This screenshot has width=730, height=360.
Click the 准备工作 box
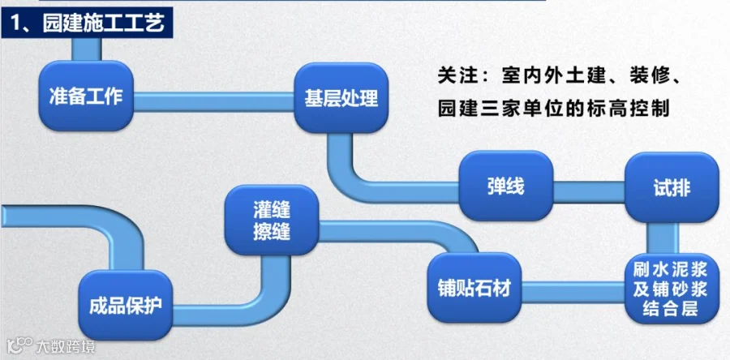pyautogui.click(x=86, y=96)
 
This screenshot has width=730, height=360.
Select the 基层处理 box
pyautogui.click(x=341, y=98)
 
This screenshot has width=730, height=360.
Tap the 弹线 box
pyautogui.click(x=506, y=186)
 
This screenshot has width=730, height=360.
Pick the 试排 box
pyautogui.click(x=672, y=187)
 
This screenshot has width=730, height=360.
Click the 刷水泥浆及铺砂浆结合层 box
pyautogui.click(x=672, y=289)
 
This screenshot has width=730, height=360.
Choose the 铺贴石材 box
pyautogui.click(x=474, y=288)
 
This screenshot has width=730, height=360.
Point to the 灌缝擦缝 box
pyautogui.click(x=272, y=220)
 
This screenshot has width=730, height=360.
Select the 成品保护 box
pyautogui.click(x=126, y=305)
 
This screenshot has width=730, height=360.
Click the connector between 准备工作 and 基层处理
pyautogui.click(x=213, y=101)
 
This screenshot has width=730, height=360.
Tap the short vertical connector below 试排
pyautogui.click(x=663, y=238)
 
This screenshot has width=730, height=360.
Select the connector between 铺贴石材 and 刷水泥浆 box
pyautogui.click(x=573, y=292)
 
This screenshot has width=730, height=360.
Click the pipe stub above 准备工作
pyautogui.click(x=87, y=49)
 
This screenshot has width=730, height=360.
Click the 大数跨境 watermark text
pyautogui.click(x=65, y=346)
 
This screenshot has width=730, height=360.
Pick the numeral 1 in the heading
pyautogui.click(x=15, y=23)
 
